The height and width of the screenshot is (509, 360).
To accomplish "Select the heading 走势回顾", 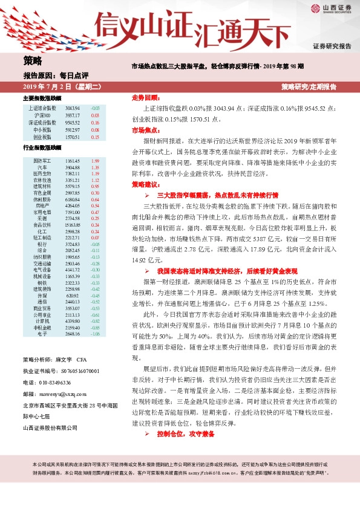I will pos(145,97).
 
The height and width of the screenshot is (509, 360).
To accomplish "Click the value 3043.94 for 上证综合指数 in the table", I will pos(72,108).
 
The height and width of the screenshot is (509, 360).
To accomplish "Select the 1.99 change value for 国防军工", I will pos(94,161).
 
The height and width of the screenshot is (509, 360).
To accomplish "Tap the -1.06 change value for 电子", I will pos(94,333).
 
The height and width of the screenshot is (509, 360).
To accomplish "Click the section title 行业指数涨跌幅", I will pos(42,148).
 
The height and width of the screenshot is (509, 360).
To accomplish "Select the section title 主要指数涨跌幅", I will pos(42,97).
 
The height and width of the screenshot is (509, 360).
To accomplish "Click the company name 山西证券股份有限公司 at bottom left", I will pos(50,445).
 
